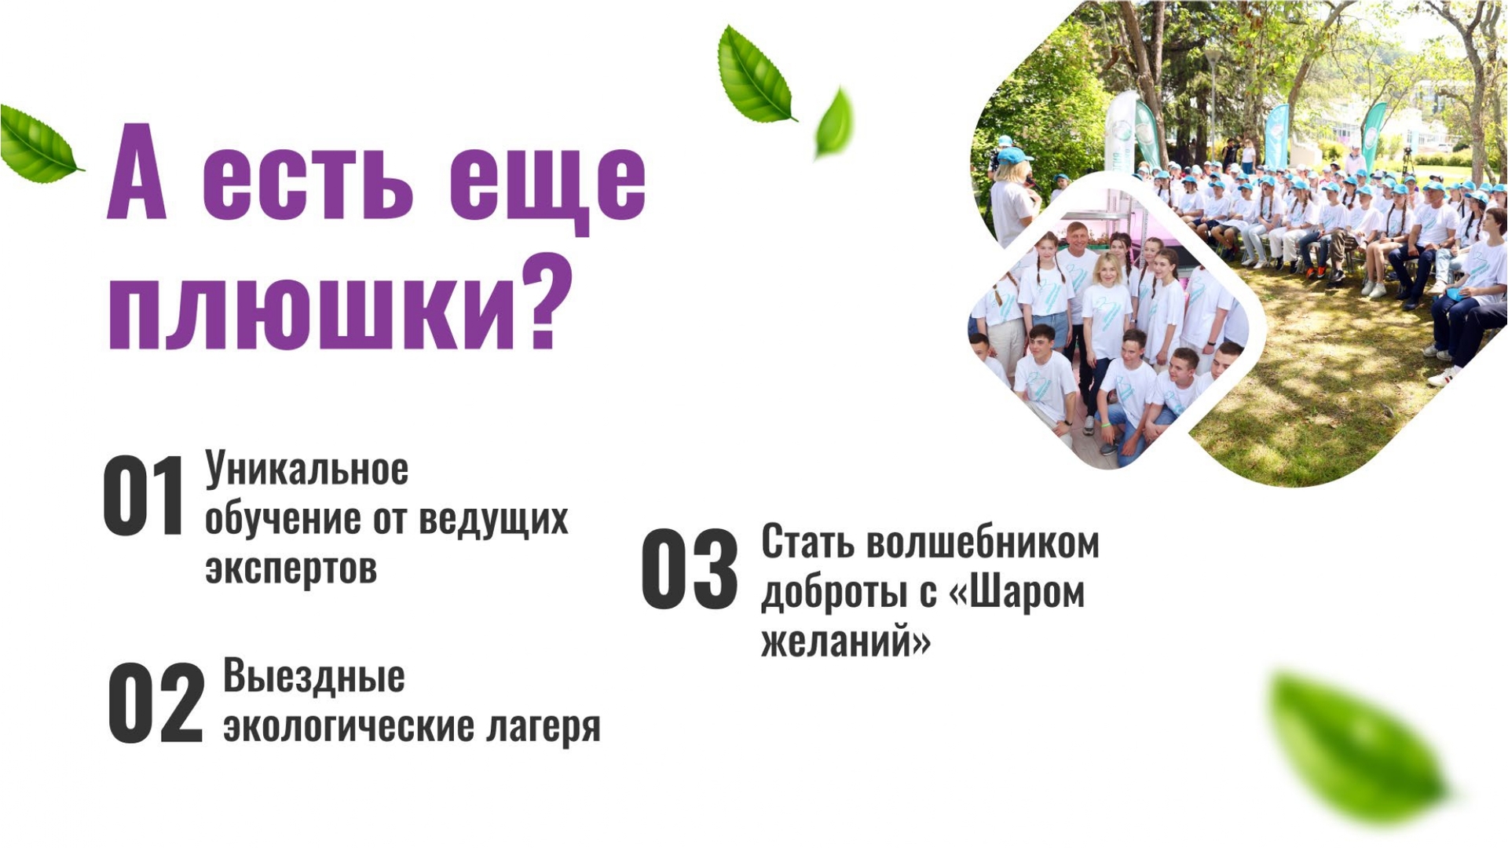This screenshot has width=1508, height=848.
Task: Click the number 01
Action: click(143, 496)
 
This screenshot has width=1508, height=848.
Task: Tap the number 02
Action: click(156, 703)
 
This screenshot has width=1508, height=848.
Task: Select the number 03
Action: click(690, 568)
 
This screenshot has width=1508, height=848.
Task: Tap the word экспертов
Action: click(291, 568)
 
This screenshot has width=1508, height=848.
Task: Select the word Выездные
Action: click(314, 675)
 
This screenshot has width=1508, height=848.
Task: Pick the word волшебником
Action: click(983, 543)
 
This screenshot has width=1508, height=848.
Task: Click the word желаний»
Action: click(846, 639)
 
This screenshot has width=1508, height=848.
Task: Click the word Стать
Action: click(808, 542)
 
